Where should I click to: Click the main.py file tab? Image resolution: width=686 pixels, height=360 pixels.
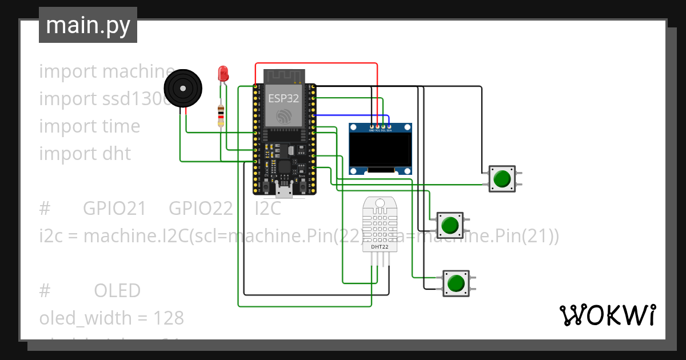[x=87, y=25]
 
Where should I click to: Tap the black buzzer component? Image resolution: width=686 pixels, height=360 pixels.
[x=183, y=89]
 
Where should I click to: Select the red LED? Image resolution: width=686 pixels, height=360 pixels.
[x=223, y=74]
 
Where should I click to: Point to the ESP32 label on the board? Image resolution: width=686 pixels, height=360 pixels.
[x=284, y=98]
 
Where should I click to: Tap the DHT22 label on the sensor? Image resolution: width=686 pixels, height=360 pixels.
[x=380, y=247]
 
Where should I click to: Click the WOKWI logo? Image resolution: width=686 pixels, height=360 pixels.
[x=607, y=315]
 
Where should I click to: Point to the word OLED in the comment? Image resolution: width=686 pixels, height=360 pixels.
[x=117, y=291]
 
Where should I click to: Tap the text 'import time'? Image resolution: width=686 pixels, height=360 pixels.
[x=89, y=126]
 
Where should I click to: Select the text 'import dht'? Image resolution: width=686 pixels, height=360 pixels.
[x=85, y=154]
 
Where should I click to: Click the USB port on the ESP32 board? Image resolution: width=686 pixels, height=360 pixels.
[x=284, y=189]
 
